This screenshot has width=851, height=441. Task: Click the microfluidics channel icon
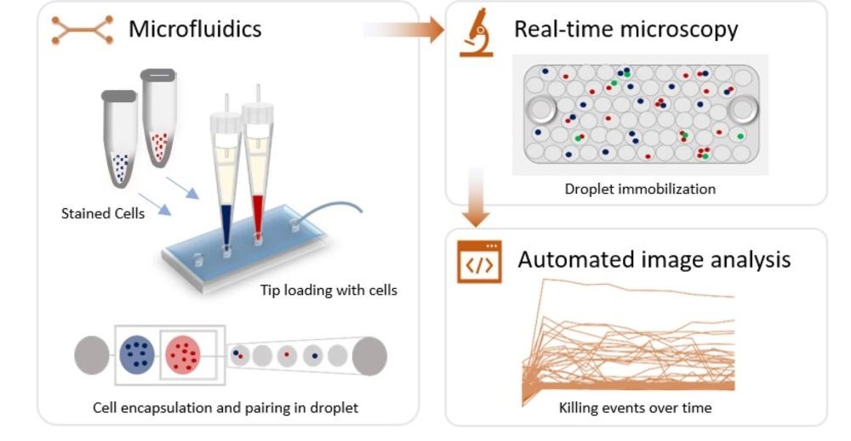click(x=83, y=30)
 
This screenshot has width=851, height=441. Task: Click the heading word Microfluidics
click(x=195, y=30)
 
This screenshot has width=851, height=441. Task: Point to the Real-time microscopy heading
click(x=625, y=30)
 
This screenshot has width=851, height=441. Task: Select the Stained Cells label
click(x=102, y=213)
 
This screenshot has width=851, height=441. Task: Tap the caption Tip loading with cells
click(x=328, y=291)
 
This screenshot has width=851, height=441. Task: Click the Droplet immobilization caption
click(x=640, y=189)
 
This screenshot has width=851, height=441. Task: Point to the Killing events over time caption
click(x=635, y=408)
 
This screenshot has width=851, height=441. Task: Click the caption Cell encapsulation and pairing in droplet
click(x=226, y=408)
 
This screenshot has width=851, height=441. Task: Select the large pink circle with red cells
click(x=182, y=353)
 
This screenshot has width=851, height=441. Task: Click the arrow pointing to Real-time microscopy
click(x=408, y=31)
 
